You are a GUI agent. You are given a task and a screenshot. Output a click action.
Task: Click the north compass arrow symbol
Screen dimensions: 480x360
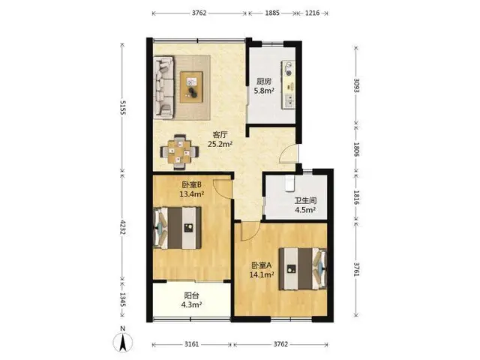123,342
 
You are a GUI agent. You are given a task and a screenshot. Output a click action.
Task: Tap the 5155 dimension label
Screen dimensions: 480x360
122,107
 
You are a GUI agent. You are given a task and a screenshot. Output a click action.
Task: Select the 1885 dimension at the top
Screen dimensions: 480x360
272,13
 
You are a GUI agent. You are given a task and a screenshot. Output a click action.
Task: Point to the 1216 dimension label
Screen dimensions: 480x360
312,13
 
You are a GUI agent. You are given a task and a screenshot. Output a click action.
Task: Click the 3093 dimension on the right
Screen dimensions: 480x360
356,85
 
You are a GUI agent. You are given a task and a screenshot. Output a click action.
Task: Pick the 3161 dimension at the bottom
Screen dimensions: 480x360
192,344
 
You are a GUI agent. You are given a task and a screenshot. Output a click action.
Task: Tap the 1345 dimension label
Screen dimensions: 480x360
122,300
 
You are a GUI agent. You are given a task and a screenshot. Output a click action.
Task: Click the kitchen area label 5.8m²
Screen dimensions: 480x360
263,91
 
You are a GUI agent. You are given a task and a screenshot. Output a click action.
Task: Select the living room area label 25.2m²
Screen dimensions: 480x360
220,144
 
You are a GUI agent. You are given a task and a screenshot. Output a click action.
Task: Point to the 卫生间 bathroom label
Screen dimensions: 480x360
305,201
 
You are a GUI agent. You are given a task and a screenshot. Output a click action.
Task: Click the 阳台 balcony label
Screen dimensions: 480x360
192,295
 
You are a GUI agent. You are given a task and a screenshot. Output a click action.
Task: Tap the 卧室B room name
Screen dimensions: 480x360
192,185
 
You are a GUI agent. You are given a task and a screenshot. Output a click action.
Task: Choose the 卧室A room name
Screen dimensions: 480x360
262,265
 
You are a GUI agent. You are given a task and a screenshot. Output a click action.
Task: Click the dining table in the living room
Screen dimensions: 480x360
179,151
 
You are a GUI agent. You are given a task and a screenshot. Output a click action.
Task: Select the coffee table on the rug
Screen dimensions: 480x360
192,87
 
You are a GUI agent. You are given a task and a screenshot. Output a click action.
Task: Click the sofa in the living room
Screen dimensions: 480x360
163,87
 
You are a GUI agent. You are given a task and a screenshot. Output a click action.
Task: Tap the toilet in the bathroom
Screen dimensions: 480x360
289,183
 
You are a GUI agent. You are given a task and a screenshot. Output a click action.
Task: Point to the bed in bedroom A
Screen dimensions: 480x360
303,268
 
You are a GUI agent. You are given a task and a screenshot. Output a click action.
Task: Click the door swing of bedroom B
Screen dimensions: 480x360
223,189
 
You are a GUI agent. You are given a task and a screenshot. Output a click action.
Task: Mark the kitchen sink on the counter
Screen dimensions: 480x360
289,101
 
